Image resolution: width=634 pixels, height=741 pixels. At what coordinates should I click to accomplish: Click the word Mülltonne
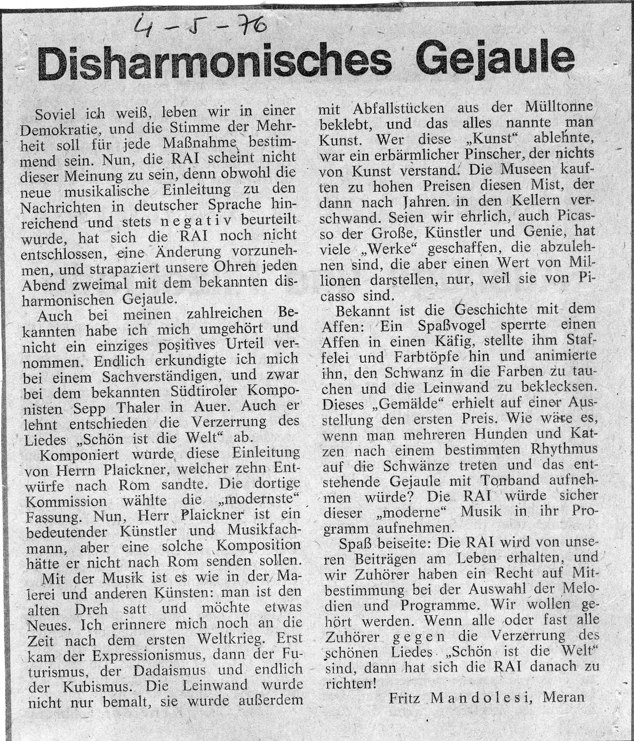[559, 107]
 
